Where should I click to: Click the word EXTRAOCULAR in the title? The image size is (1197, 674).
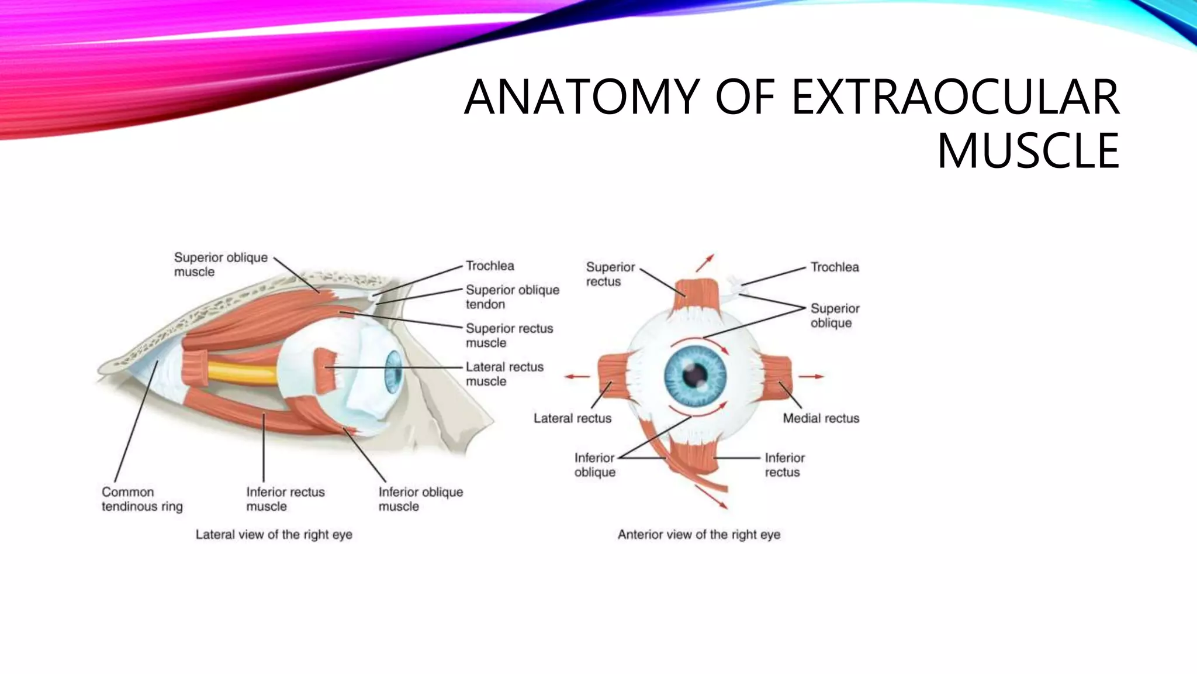click(x=955, y=97)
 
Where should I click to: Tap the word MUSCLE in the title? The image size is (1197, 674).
click(x=1028, y=150)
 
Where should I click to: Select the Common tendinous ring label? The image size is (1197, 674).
click(x=142, y=499)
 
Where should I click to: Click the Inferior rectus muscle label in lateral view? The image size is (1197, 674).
click(x=285, y=499)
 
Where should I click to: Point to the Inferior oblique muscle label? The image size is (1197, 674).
click(x=420, y=499)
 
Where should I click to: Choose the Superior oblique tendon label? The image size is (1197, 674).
click(x=512, y=297)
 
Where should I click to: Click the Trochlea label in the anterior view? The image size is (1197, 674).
click(x=834, y=267)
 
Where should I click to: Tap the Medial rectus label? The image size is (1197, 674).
click(x=821, y=418)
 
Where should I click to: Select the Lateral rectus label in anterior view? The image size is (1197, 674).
click(x=572, y=418)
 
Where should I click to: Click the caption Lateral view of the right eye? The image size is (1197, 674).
click(x=274, y=534)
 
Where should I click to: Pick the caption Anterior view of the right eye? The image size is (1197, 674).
click(x=698, y=534)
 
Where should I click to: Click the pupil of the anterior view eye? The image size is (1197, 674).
click(x=695, y=374)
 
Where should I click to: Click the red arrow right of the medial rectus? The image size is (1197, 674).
click(x=812, y=376)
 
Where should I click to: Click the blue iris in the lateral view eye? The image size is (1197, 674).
click(x=393, y=372)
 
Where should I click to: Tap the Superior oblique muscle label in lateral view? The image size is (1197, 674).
click(x=220, y=264)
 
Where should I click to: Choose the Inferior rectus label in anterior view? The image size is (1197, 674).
click(x=784, y=465)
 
